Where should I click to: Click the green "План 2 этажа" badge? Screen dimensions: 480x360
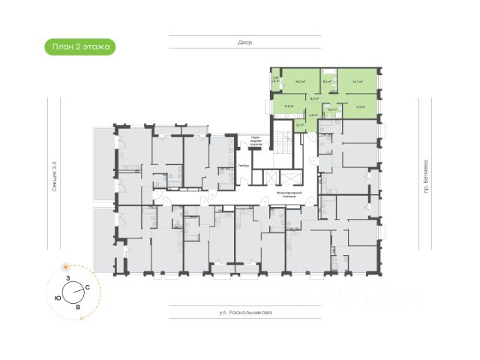tap(79, 46)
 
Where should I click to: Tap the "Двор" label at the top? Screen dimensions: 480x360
tap(245, 43)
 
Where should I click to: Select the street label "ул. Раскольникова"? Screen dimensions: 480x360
tap(245, 313)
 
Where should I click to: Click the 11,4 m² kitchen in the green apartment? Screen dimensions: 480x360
tap(288, 106)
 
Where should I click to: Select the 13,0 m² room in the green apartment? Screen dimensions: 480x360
tap(359, 106)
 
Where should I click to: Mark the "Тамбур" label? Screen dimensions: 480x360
tap(242, 165)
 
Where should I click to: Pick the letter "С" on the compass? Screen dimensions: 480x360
tap(88, 288)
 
